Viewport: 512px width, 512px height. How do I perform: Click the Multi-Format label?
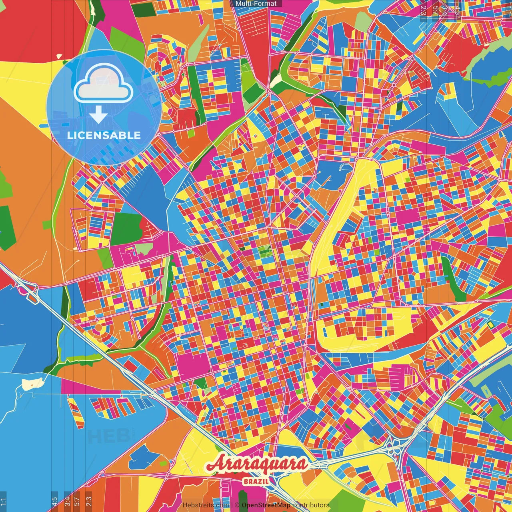[256, 4]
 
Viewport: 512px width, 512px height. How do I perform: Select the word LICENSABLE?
[104, 135]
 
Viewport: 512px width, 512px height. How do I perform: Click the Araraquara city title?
[256, 464]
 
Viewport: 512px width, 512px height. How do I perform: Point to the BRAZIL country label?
[256, 481]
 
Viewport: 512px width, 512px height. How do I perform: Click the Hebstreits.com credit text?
[206, 505]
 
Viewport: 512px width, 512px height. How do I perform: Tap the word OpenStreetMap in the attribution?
[266, 505]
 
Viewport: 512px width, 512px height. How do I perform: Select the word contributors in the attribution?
[311, 505]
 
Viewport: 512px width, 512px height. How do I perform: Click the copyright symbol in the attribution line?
[237, 505]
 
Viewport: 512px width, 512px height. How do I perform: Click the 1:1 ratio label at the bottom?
[3, 502]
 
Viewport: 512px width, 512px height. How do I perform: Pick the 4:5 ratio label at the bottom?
[55, 502]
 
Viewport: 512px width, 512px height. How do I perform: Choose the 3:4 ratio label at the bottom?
[67, 502]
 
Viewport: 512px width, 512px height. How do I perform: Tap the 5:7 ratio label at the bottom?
[77, 502]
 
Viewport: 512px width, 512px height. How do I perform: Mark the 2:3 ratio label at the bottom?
[89, 502]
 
